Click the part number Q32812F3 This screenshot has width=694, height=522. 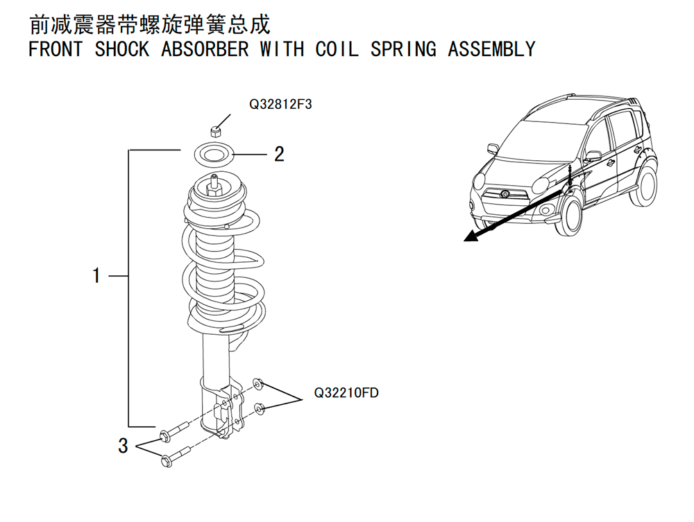pos(281,105)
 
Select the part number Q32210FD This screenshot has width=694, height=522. pos(346,393)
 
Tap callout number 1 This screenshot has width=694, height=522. pos(96,276)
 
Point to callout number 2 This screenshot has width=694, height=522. pos(279,154)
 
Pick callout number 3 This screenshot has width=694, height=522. pos(123,446)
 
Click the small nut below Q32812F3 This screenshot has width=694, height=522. pos(217,130)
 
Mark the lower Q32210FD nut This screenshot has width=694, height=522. pos(260,408)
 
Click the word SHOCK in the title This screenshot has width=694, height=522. pos(122,50)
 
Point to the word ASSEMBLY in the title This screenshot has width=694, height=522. pos(491,50)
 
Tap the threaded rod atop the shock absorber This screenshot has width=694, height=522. pos(214,184)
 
